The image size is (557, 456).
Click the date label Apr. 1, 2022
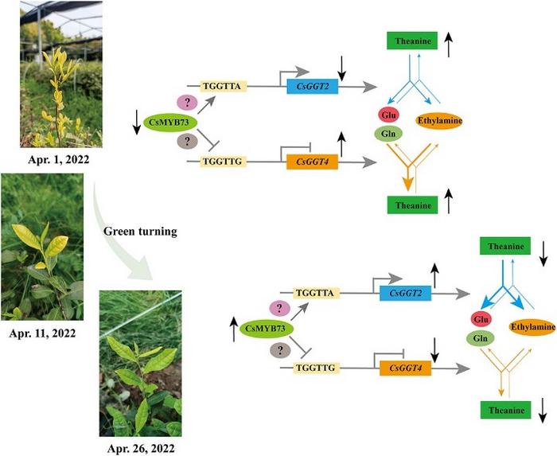pos(59,159)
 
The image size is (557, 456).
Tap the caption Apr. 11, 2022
pos(42,333)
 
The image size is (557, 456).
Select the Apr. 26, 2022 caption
pos(141,448)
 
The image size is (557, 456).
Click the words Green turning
pos(140,232)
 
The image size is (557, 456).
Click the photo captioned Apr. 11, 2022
pos(42,247)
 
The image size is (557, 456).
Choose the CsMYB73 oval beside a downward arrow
pos(170,123)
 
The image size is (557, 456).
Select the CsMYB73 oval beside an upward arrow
pos(267,329)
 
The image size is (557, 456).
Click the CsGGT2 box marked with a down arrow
pos(312,86)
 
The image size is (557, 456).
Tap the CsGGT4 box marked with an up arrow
pos(312,162)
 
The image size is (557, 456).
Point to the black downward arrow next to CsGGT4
pos(435,349)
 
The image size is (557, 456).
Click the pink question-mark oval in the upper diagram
pos(187,103)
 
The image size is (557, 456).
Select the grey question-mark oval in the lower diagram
pos(280,350)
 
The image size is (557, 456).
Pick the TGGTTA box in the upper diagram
pos(223,86)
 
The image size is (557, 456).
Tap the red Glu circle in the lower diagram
pos(481,319)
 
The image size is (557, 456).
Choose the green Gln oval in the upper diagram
pos(389,134)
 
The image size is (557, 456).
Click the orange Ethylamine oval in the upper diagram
pos(439,121)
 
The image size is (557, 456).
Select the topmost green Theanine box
pos(412,41)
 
